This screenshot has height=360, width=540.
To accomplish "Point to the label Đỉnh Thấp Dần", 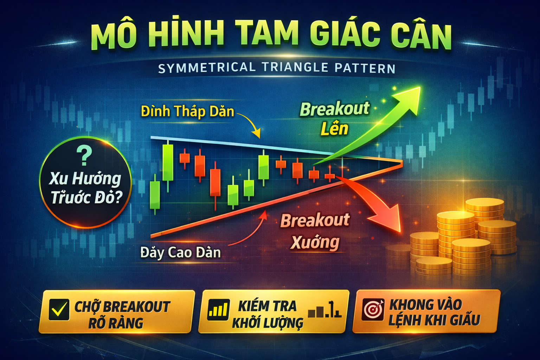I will [187, 112].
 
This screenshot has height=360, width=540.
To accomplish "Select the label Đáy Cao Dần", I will [180, 252].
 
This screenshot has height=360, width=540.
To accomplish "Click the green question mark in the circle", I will [84, 156].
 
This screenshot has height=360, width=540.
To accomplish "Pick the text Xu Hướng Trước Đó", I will [85, 188].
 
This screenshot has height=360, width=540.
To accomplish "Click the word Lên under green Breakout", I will [334, 129].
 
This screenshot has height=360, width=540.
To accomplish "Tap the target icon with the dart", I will [373, 309].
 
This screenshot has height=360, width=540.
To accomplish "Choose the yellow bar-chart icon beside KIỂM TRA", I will [218, 310].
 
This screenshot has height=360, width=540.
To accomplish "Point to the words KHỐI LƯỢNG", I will [267, 322].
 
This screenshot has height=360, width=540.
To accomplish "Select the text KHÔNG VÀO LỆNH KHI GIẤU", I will [434, 312].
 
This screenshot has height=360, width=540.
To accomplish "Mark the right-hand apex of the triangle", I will [402, 163].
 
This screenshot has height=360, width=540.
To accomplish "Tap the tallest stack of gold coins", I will [456, 232].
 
